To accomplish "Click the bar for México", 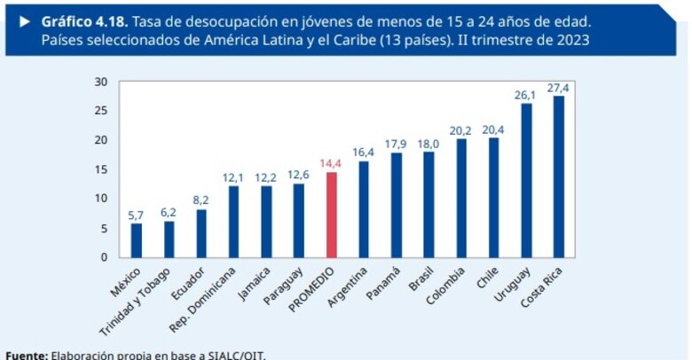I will tap(137, 240).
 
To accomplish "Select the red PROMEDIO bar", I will tap(332, 215).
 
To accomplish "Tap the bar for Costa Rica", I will tap(559, 176).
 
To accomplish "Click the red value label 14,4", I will tap(332, 163).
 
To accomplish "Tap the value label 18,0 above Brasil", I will tap(429, 143).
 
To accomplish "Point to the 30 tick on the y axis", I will tap(101, 82).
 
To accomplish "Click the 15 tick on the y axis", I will tap(101, 169).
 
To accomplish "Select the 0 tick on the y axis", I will tap(105, 257).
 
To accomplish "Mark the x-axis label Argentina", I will tap(349, 286).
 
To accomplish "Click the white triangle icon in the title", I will tap(24, 19).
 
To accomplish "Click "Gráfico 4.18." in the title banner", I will tap(83, 19).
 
